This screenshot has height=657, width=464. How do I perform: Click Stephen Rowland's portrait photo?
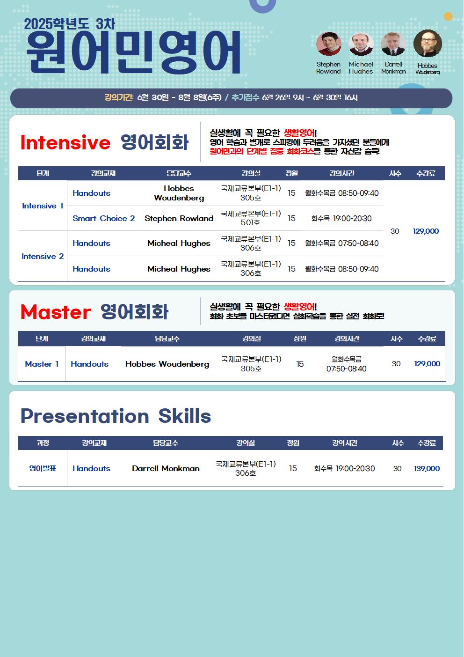coord(329,44)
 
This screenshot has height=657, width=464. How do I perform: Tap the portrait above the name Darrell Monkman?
coord(393,44)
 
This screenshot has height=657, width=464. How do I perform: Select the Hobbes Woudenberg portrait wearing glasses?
coord(428,44)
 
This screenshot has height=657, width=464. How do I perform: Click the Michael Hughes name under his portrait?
coord(361,68)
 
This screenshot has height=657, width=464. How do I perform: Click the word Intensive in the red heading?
coord(65,142)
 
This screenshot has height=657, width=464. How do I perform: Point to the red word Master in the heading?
coord(56,312)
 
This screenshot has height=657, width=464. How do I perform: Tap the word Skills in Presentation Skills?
coord(185,416)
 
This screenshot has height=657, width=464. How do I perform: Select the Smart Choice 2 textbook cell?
coord(104,218)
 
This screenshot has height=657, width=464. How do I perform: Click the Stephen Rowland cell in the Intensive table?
coord(179,218)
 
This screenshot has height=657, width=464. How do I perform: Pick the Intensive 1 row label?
coord(43,206)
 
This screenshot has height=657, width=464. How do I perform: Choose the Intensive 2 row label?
coord(43,256)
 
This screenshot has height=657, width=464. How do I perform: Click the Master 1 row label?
coord(42,364)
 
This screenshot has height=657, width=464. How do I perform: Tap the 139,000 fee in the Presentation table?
coord(427,468)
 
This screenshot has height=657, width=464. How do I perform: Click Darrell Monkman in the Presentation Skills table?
coord(166,468)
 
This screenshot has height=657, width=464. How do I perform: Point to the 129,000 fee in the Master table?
coord(427,364)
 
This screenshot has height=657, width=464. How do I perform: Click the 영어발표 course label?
coord(43,468)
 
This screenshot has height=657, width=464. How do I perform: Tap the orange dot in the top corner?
coord(448,16)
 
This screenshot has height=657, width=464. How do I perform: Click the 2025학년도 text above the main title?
coord(57,24)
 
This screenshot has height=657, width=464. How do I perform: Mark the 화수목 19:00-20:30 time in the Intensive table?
coord(341,218)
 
